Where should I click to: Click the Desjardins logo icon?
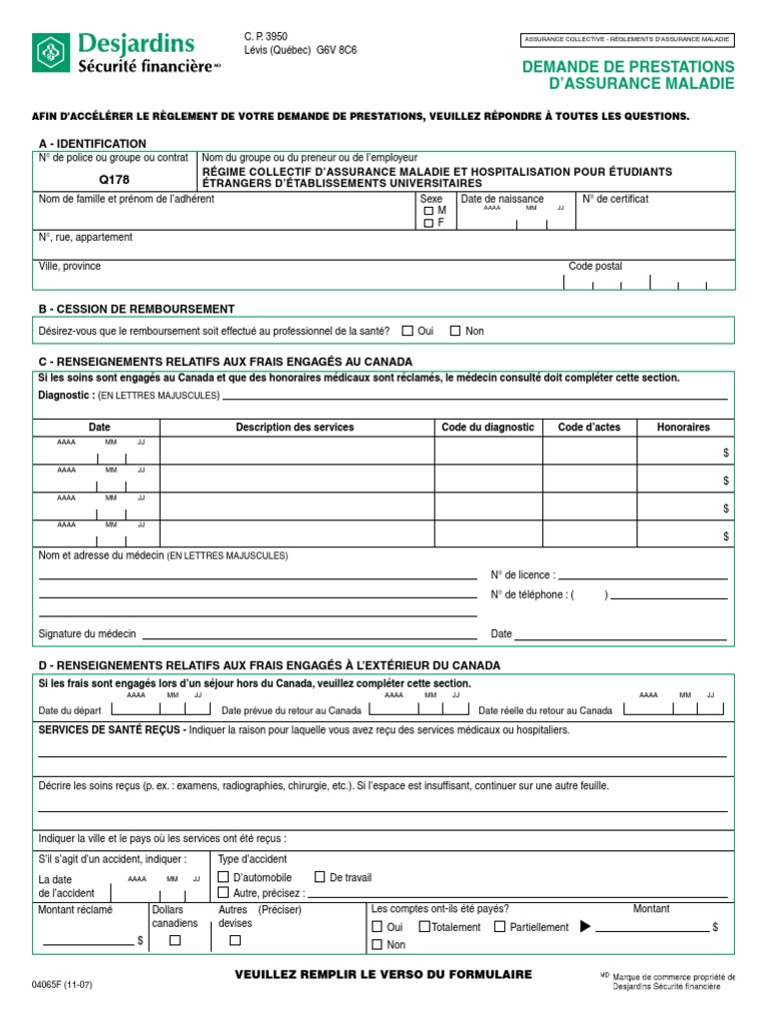tap(51, 53)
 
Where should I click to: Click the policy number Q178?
tap(114, 179)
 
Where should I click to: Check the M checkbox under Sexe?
tap(428, 212)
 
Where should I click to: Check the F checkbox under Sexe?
tap(428, 224)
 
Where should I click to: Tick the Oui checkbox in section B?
tap(406, 331)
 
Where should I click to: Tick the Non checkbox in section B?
tap(454, 331)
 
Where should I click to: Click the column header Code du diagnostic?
tap(487, 427)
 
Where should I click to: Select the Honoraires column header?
tap(683, 427)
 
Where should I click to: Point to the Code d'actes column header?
tap(588, 427)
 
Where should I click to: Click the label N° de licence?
tap(522, 575)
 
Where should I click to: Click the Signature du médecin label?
tap(87, 634)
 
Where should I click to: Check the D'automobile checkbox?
tap(224, 877)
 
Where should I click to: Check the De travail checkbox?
tap(320, 877)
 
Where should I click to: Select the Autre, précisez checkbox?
tap(224, 893)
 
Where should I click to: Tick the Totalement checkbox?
tap(424, 927)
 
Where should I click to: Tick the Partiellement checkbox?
tap(501, 927)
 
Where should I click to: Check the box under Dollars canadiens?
tap(175, 940)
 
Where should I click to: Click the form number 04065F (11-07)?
tap(62, 984)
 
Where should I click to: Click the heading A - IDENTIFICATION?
tap(92, 144)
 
